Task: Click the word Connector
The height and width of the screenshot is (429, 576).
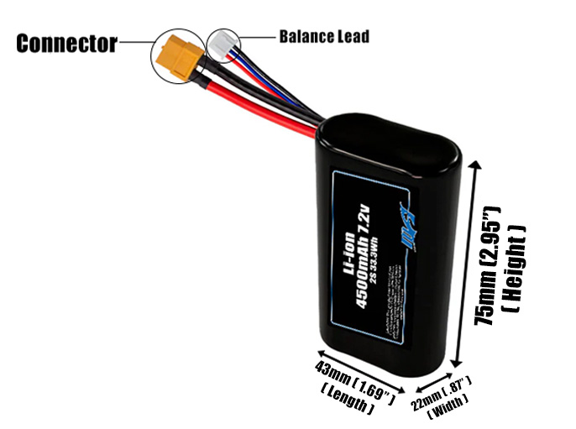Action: tap(66, 44)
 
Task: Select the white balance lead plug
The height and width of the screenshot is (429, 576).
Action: tap(222, 43)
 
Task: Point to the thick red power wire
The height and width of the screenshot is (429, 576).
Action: tap(252, 104)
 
